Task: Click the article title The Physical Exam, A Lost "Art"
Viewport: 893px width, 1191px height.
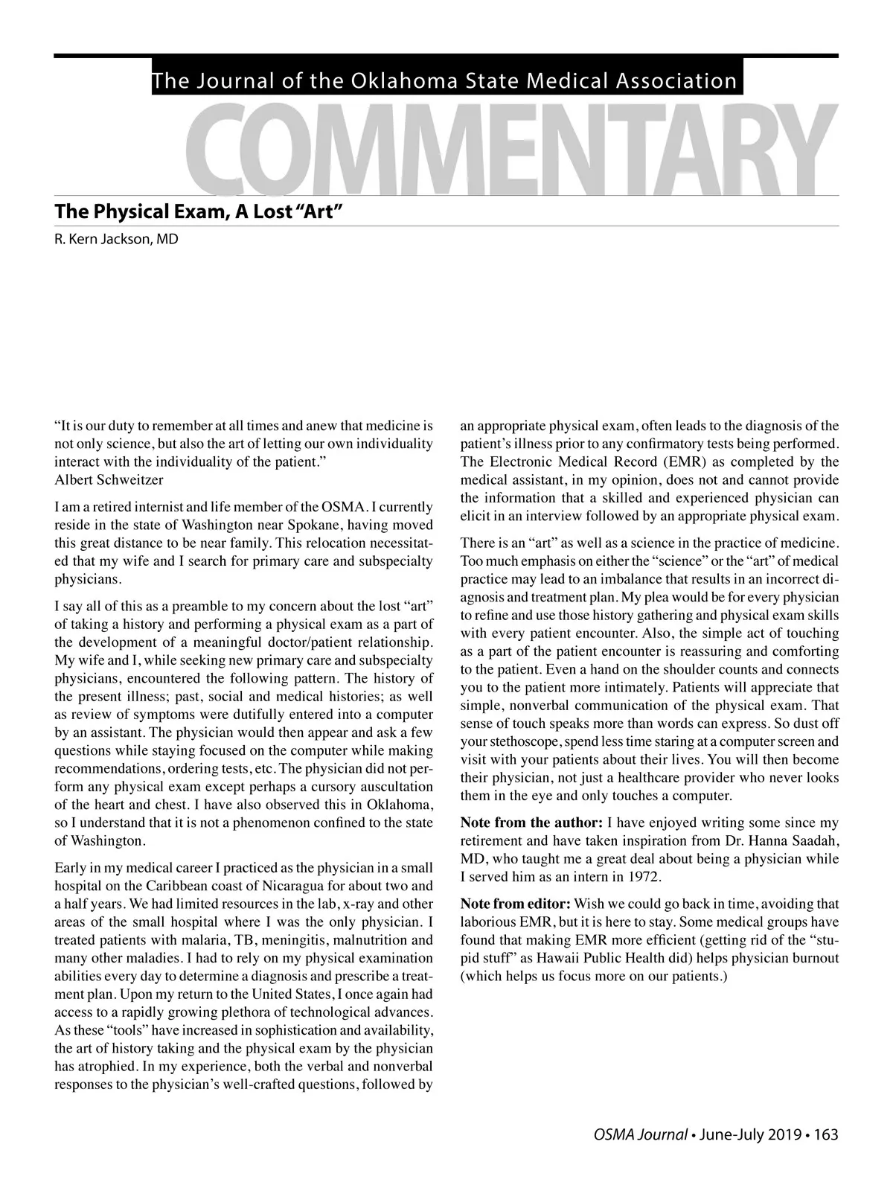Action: [197, 211]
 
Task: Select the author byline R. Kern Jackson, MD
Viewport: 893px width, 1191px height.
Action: [116, 240]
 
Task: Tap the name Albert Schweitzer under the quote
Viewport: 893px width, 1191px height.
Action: [109, 479]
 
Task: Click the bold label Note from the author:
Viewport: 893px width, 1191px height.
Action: [531, 823]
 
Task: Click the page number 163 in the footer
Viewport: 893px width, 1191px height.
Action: [826, 1135]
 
